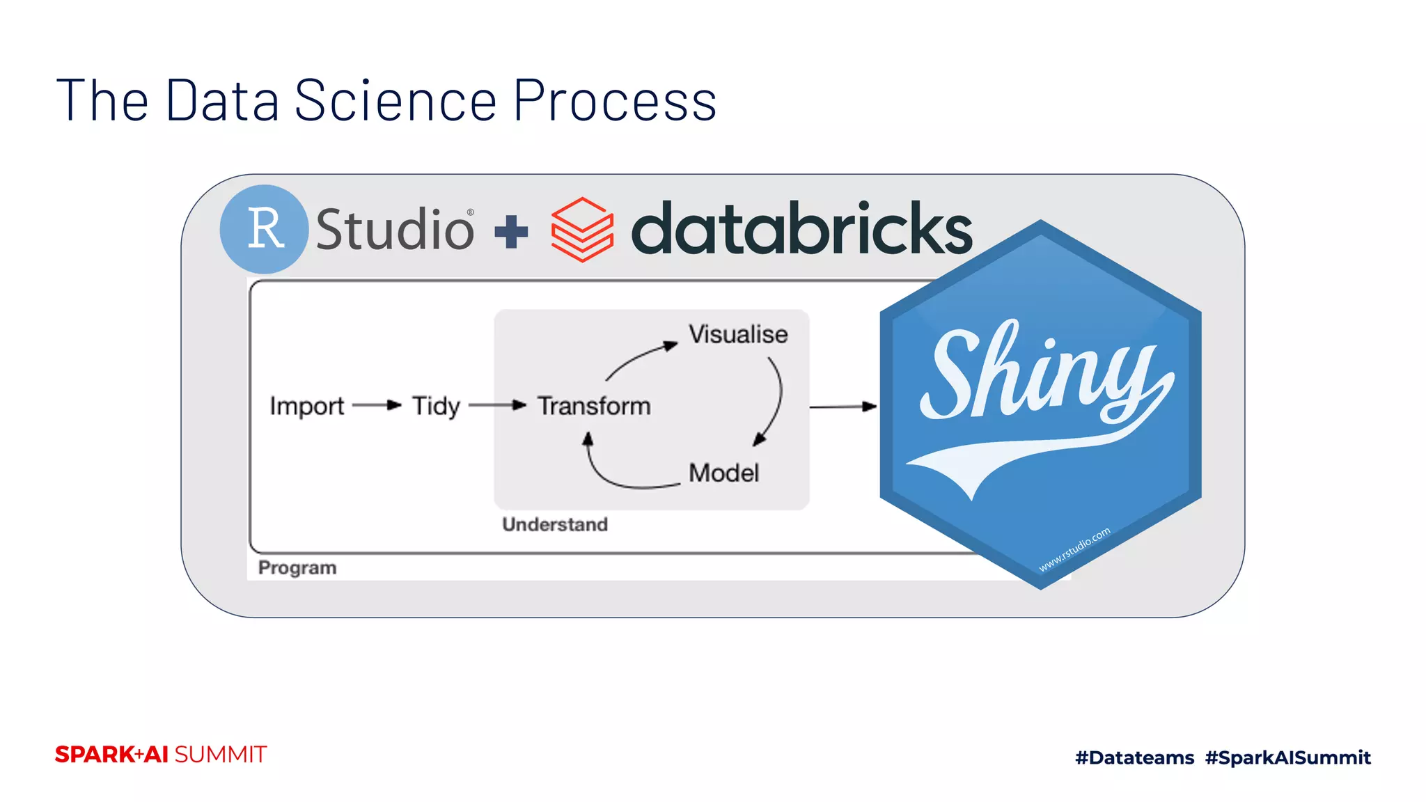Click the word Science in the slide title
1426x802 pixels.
[395, 101]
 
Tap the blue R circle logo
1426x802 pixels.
[264, 228]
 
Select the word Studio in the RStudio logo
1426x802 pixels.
[395, 229]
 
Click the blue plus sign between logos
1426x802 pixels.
[511, 232]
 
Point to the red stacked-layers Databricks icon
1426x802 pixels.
[582, 230]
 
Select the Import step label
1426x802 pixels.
[307, 406]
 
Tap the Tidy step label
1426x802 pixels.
[436, 406]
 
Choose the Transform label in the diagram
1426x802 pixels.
[594, 406]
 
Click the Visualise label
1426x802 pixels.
[738, 335]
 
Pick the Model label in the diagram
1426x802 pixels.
[723, 473]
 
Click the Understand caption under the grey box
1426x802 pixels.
[555, 524]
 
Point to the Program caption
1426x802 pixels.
[297, 568]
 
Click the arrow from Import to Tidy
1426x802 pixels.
[377, 405]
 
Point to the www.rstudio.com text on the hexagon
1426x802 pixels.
[1074, 550]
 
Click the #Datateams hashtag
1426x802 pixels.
[1134, 757]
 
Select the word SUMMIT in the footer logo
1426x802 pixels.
[221, 755]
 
